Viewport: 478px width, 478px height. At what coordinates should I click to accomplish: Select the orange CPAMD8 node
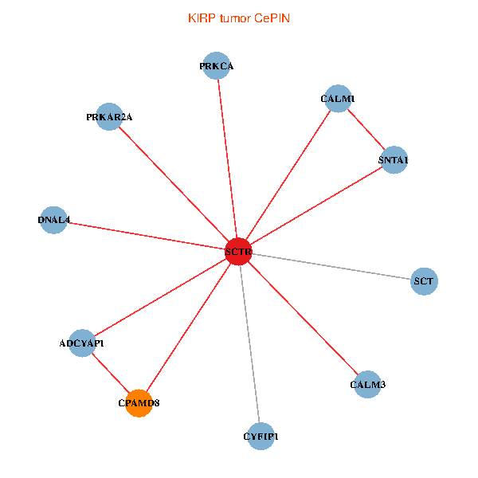(x=139, y=403)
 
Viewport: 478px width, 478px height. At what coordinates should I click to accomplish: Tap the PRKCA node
(x=217, y=66)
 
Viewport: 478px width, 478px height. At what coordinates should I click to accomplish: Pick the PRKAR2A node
(x=109, y=117)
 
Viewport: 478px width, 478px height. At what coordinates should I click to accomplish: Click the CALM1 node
(x=339, y=99)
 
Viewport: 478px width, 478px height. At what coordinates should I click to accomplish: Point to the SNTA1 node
(x=394, y=160)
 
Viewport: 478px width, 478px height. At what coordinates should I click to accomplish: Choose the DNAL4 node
(x=53, y=220)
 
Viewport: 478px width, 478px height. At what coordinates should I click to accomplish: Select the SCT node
(x=424, y=281)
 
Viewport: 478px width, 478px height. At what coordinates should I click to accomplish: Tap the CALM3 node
(x=367, y=385)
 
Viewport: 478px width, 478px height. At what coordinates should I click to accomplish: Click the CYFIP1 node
(x=261, y=436)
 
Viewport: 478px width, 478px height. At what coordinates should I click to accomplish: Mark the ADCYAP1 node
(x=82, y=343)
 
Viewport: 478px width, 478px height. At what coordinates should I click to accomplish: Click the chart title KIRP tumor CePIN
(x=239, y=18)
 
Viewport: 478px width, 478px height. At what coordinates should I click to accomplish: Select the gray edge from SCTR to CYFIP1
(x=249, y=344)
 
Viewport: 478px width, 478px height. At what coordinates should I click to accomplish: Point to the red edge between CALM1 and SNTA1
(x=366, y=130)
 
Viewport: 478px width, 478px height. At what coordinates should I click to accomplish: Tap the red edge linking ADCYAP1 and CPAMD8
(x=110, y=373)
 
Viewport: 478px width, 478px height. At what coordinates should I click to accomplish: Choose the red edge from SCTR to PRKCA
(x=227, y=159)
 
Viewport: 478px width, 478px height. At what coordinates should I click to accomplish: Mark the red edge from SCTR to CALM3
(x=303, y=319)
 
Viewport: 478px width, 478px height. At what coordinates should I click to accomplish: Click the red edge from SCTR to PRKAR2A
(x=174, y=184)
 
